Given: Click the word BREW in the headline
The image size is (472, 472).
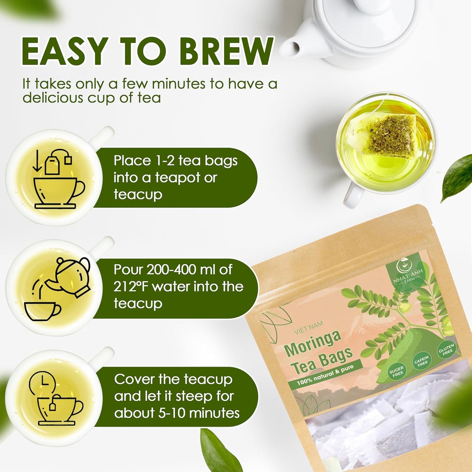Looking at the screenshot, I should click(x=226, y=51).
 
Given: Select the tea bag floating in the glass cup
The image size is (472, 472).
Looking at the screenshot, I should click(x=390, y=135).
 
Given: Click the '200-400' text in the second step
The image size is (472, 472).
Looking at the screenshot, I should click(x=172, y=270).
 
